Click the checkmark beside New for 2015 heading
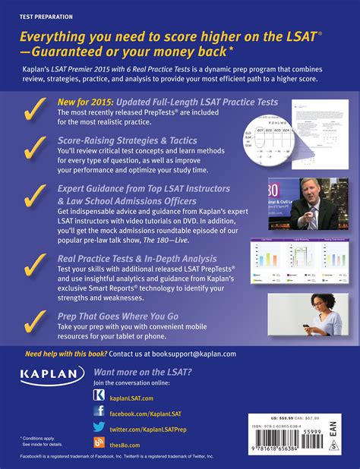[34, 111]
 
